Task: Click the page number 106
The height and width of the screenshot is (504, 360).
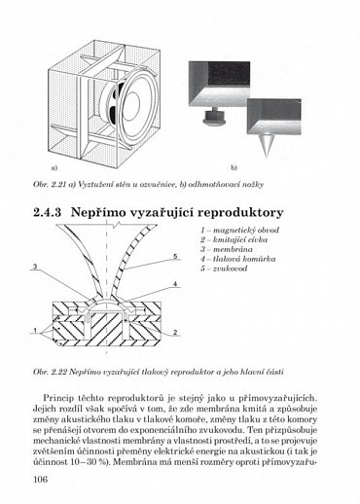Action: click(x=41, y=477)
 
